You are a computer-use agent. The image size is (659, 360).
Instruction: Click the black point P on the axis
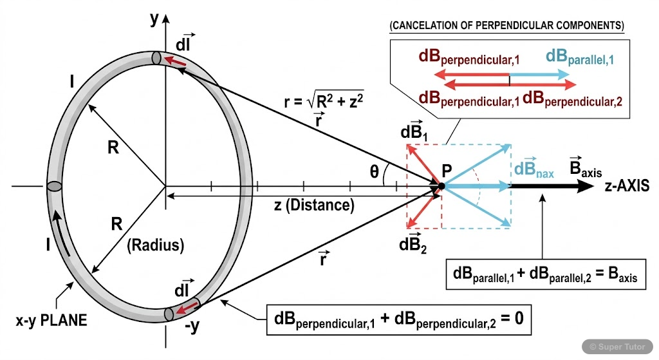coord(441,187)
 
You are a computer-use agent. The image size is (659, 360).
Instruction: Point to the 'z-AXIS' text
coord(631,187)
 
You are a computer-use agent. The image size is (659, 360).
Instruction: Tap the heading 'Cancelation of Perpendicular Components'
coord(506,26)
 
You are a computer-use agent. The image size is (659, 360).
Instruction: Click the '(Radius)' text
coord(156,245)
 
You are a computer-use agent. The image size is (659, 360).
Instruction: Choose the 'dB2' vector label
coord(412,244)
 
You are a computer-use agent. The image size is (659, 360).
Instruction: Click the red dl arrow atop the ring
coord(176,61)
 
